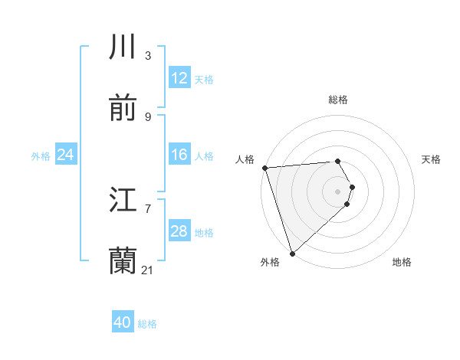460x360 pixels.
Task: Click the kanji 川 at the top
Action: pyautogui.click(x=123, y=47)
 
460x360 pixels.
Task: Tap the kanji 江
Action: pyautogui.click(x=123, y=201)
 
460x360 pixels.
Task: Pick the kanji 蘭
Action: pyautogui.click(x=123, y=260)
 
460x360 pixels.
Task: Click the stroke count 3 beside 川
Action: pyautogui.click(x=147, y=56)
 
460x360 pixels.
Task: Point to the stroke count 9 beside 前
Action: pyautogui.click(x=147, y=116)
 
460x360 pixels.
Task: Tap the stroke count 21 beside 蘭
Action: pyautogui.click(x=148, y=270)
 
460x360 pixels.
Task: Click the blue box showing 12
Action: pyautogui.click(x=179, y=78)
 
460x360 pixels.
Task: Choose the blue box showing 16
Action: pyautogui.click(x=179, y=155)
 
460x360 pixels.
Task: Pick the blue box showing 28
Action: pyautogui.click(x=179, y=231)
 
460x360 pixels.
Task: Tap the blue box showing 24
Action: pyautogui.click(x=66, y=155)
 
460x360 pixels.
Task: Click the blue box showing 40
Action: pyautogui.click(x=123, y=323)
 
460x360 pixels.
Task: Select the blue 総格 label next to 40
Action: pyautogui.click(x=148, y=324)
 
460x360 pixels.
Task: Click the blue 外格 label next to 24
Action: pyautogui.click(x=41, y=155)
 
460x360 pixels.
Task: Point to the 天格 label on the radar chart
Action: pyautogui.click(x=432, y=159)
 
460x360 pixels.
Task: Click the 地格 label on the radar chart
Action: pyautogui.click(x=402, y=262)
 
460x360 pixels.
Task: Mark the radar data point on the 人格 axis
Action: pyautogui.click(x=264, y=168)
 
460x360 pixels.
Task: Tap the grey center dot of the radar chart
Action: pyautogui.click(x=338, y=191)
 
